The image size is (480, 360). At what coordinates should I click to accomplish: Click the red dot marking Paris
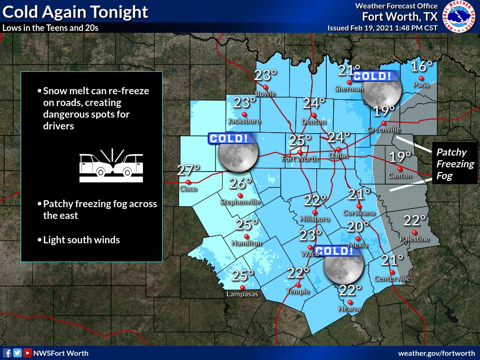point(421,78)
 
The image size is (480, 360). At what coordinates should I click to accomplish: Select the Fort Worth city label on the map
point(300,159)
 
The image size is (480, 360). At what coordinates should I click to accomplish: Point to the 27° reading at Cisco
point(188,170)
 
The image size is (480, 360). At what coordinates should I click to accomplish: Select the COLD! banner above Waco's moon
point(334,251)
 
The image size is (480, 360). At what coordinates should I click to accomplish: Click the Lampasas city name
point(242,294)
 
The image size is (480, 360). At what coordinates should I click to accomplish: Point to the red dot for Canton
point(400,169)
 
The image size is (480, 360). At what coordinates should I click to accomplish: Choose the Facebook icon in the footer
point(7,353)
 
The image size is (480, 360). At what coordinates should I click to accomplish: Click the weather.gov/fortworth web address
point(436,353)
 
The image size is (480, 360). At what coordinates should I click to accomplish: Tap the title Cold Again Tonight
point(75,12)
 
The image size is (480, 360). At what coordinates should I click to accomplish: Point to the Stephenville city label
point(240,202)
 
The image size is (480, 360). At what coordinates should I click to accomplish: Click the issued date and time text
point(382,28)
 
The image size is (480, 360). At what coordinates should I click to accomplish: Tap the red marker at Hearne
point(350,302)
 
